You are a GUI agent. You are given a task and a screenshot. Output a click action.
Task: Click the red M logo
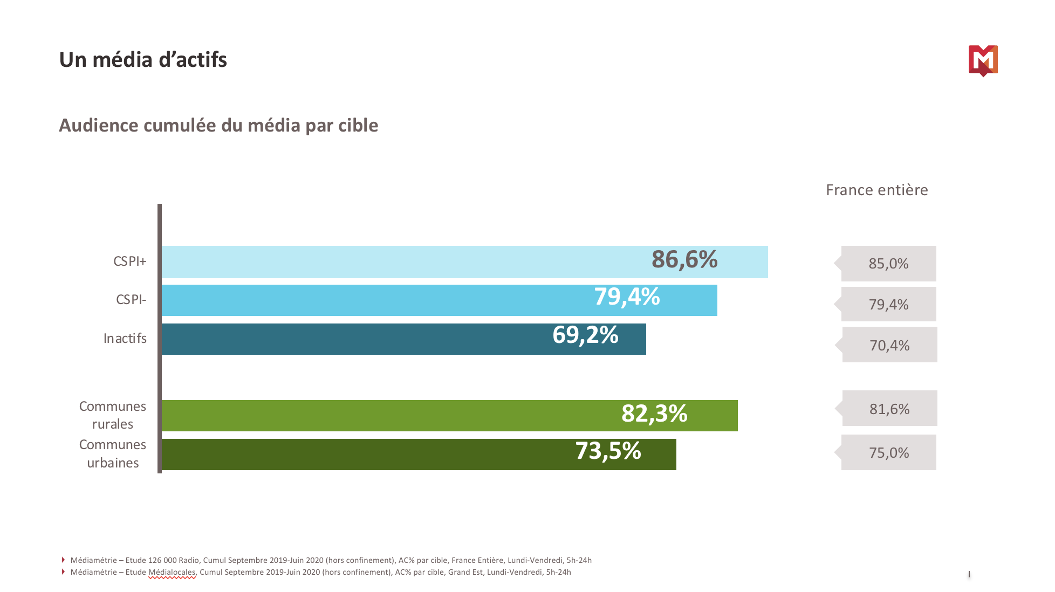(x=983, y=60)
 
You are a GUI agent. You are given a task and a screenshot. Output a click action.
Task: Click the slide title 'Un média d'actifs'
(x=143, y=60)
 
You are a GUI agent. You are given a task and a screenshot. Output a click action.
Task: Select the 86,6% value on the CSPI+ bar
(x=684, y=260)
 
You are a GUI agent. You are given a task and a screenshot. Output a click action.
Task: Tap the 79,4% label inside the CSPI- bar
(x=627, y=297)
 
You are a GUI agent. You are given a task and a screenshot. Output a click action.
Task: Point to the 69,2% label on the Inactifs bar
(x=585, y=335)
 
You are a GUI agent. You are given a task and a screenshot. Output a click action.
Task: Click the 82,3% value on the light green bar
(x=654, y=414)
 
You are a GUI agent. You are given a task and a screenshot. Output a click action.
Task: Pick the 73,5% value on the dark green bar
(x=608, y=451)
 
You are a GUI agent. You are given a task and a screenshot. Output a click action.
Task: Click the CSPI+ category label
(x=129, y=261)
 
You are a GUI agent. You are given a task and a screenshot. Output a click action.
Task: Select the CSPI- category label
(x=131, y=300)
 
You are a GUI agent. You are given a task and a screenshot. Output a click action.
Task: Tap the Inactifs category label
(x=125, y=339)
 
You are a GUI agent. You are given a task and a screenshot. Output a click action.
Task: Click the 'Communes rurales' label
(x=113, y=415)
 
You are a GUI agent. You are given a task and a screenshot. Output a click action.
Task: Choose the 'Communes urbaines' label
(x=113, y=454)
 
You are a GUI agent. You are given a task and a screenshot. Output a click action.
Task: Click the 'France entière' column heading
(x=876, y=190)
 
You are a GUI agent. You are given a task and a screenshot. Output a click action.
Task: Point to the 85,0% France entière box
(x=888, y=264)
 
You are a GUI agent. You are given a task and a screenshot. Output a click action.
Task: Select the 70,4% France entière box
(x=889, y=345)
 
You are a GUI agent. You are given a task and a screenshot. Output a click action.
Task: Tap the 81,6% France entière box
(x=889, y=409)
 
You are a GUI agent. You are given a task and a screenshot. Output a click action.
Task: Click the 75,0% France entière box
(x=889, y=453)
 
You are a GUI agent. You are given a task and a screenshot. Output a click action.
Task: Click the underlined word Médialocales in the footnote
(x=172, y=573)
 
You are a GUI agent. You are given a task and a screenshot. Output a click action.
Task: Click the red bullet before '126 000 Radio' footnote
(x=63, y=560)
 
